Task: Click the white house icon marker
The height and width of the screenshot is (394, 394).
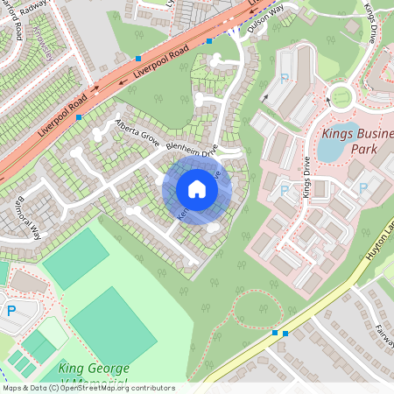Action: coord(196,189)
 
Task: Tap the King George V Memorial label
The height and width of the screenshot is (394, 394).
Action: coord(95,375)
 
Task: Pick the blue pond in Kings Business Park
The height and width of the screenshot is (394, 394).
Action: coord(330,149)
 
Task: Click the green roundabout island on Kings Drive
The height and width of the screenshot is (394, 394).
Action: coord(339,96)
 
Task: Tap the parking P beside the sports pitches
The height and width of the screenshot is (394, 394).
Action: coord(11,310)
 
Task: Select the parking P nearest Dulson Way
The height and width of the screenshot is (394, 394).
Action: coord(285,79)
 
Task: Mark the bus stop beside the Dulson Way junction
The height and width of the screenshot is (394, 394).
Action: coord(208,40)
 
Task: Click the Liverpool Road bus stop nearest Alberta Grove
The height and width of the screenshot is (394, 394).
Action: coord(80,116)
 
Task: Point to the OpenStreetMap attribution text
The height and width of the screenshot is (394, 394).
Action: coord(88,388)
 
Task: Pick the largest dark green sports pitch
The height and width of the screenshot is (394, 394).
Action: coord(113,327)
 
